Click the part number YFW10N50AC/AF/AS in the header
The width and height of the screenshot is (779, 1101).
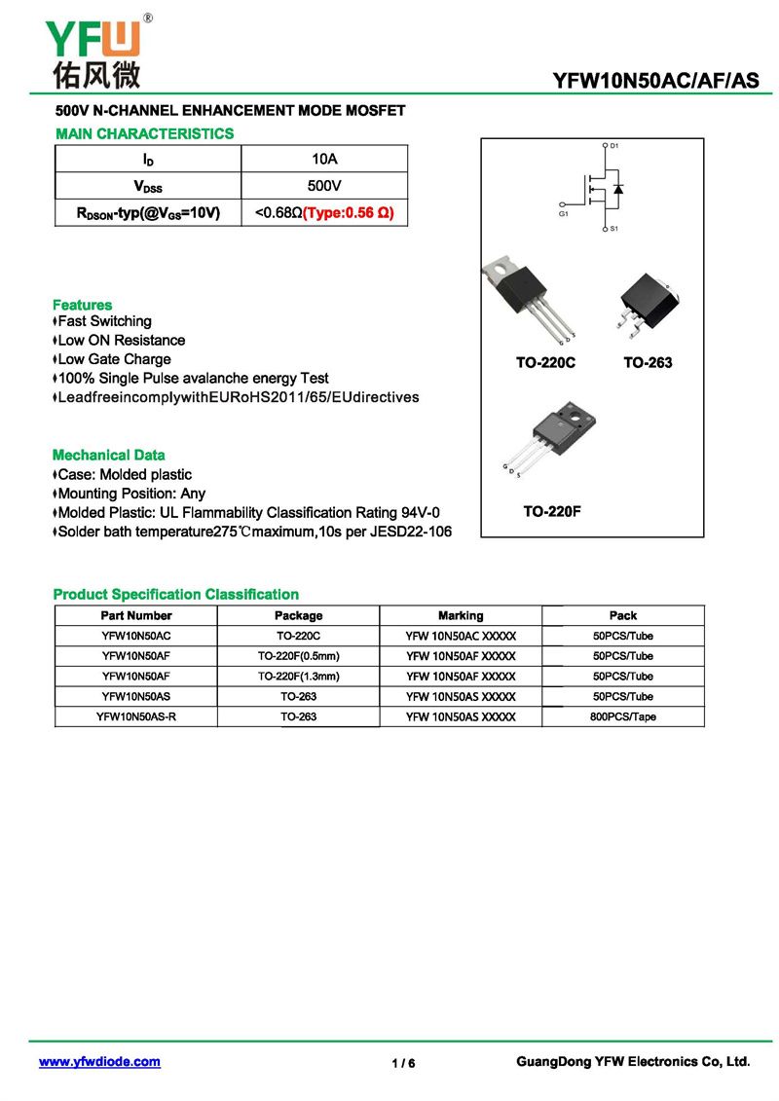655,81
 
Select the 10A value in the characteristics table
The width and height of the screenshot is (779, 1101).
324,159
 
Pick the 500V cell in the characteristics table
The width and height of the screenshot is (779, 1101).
324,185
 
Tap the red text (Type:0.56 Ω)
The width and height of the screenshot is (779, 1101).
349,212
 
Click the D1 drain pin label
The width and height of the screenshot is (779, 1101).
614,145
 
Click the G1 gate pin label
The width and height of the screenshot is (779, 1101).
564,213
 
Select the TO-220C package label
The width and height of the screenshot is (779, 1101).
546,363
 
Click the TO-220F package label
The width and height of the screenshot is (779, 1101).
552,511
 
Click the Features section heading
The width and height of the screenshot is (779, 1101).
83,305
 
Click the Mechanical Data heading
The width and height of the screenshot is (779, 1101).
109,455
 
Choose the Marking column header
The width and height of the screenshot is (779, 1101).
461,615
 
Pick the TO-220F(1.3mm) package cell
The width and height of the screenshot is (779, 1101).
298,676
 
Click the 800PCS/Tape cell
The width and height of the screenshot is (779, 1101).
623,716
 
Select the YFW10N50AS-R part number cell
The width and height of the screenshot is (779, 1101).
136,716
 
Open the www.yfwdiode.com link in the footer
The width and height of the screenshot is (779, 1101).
99,1062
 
